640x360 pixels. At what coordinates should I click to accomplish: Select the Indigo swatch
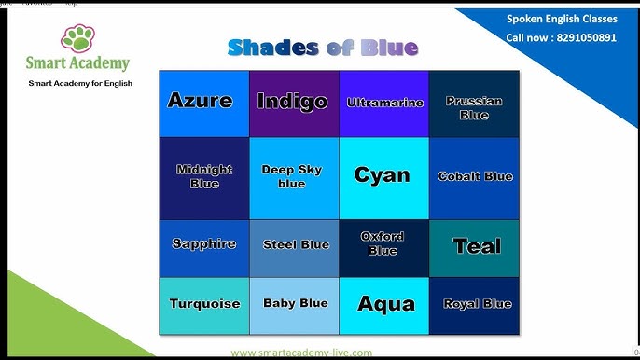(x=294, y=104)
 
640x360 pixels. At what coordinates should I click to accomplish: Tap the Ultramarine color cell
(x=384, y=104)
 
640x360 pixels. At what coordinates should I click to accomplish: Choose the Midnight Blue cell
(x=203, y=178)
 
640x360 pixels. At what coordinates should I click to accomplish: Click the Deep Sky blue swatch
(x=294, y=178)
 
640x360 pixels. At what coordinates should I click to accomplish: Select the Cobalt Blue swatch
(x=474, y=178)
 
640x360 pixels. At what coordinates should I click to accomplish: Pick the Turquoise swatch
(x=203, y=305)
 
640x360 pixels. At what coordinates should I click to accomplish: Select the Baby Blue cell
(x=294, y=305)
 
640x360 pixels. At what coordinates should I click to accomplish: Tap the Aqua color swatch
(x=384, y=305)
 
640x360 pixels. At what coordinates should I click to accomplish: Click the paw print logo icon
(x=77, y=39)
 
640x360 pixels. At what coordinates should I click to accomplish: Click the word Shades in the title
(x=271, y=48)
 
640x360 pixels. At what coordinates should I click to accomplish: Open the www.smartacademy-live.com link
(x=301, y=353)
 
